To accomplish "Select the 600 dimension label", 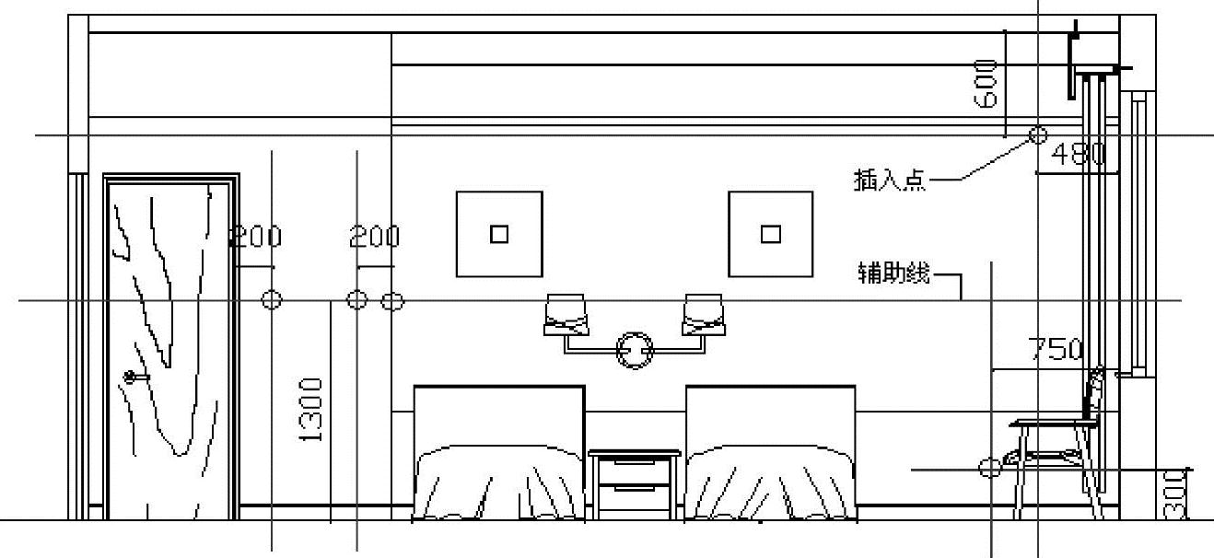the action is coord(986,84).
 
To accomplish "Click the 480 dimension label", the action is coord(1078,154).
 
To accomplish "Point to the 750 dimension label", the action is coord(1055,350).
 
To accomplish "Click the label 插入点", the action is coord(889,180).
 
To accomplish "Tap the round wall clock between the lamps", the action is coord(635,351).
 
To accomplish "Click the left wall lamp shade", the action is coord(566,314).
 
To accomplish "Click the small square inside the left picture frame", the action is coord(498,234).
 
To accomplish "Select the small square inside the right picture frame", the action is coord(771,234).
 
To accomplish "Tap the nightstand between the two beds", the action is coord(635,484).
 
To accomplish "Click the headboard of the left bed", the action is coord(498,414).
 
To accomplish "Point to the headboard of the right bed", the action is coord(770,414).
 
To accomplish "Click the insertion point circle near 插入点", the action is coord(1038,136).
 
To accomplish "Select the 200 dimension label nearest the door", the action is coord(255,238).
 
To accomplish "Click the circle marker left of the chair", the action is coord(989,469).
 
